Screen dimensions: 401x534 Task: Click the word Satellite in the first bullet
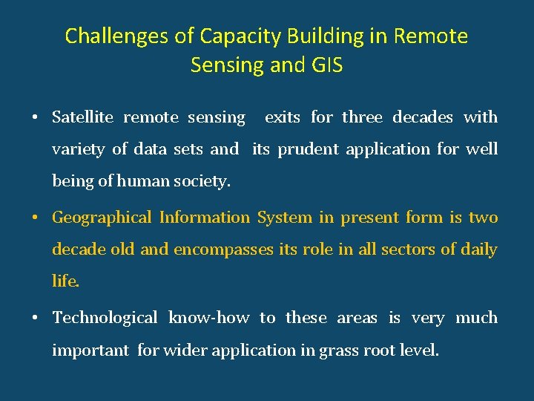coord(82,117)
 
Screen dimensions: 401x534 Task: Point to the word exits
coord(283,117)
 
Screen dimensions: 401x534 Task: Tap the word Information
coord(205,218)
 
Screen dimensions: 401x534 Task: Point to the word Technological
coord(105,318)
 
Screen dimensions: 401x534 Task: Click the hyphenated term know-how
coord(209,318)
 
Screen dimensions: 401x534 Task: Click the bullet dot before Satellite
coord(35,117)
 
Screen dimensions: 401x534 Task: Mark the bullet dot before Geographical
coord(35,218)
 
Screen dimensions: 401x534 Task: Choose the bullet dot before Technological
coord(35,318)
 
